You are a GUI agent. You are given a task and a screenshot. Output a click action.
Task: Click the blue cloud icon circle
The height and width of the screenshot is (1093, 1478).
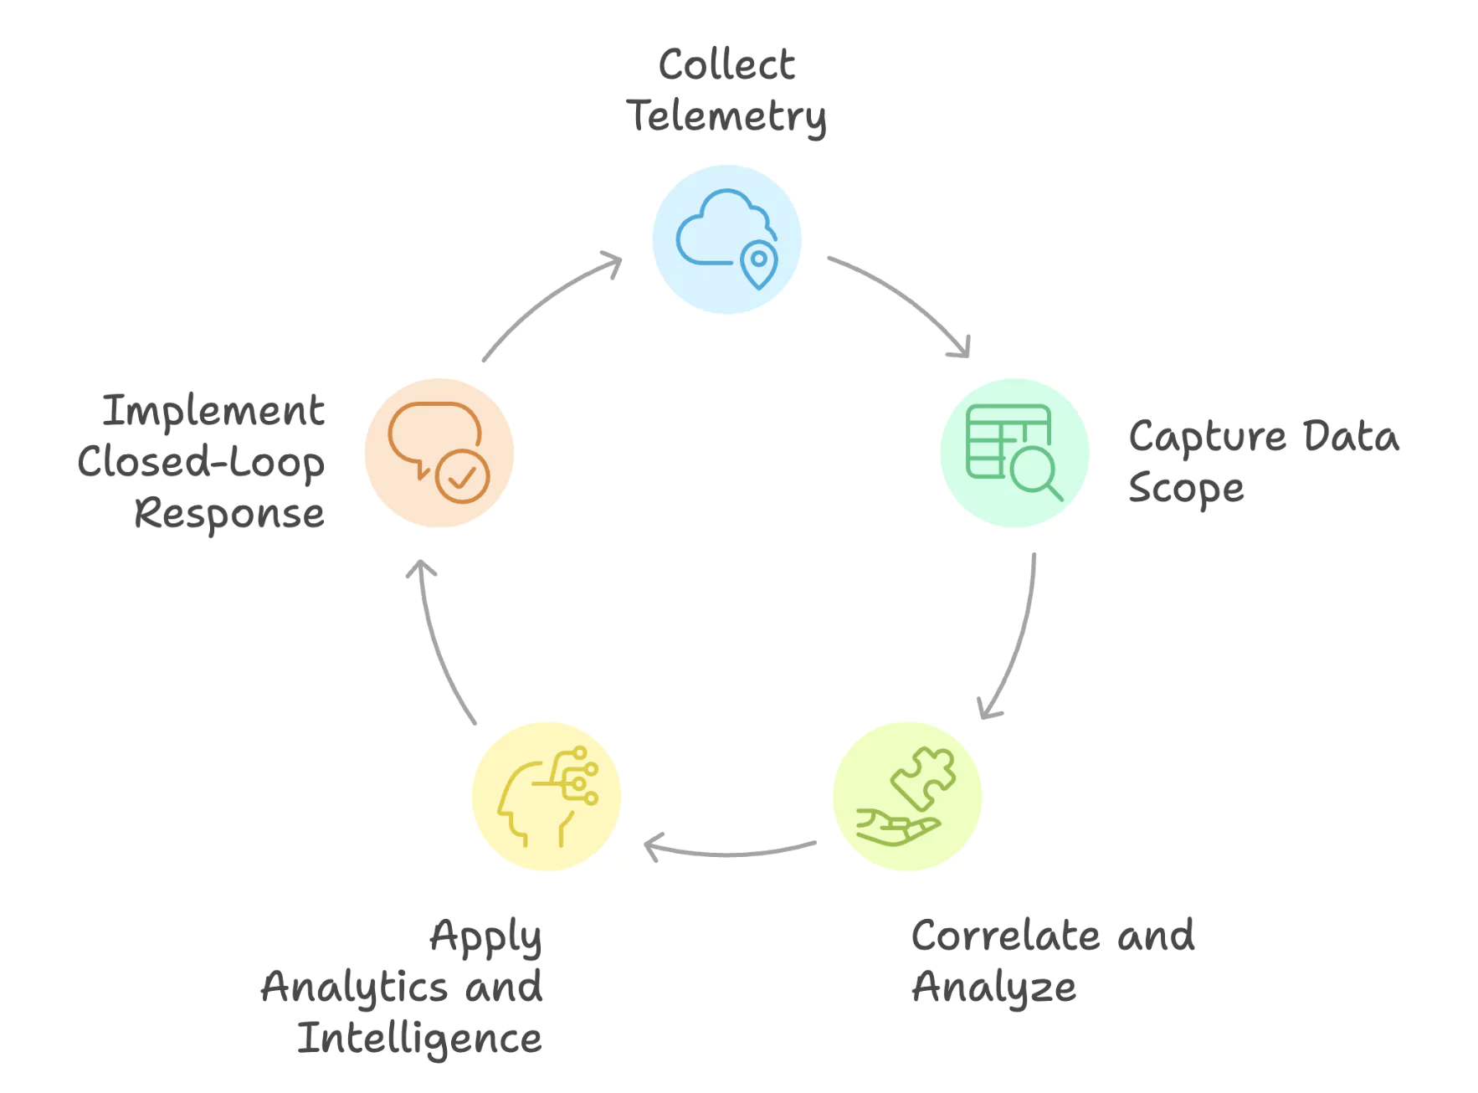coord(726,239)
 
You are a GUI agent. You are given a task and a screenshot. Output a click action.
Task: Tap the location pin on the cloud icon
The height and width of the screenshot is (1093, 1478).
coord(758,263)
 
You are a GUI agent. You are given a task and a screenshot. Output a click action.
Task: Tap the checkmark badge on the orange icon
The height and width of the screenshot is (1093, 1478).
coord(462,477)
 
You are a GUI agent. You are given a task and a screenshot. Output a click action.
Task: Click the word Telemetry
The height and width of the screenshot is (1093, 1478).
coord(726,115)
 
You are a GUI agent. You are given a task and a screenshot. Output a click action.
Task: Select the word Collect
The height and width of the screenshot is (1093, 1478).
coord(726,64)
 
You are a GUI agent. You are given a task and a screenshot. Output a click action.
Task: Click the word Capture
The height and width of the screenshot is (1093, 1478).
coord(1207,438)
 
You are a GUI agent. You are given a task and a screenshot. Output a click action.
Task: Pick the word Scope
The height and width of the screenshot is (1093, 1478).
coord(1186,489)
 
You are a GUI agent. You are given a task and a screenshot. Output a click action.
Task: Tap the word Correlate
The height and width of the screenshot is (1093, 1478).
coord(1005,935)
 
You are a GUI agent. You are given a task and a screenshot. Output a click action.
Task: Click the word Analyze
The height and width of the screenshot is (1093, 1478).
coord(993,988)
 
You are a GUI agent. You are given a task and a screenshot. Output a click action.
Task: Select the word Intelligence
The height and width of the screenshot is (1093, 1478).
coord(419,1039)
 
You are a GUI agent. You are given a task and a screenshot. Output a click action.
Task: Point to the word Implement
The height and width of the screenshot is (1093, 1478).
coord(213,411)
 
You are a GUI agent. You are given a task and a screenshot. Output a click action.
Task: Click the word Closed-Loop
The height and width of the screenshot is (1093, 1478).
coord(201,462)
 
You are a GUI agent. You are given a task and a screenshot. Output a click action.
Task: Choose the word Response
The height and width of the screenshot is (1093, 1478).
coord(229,513)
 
